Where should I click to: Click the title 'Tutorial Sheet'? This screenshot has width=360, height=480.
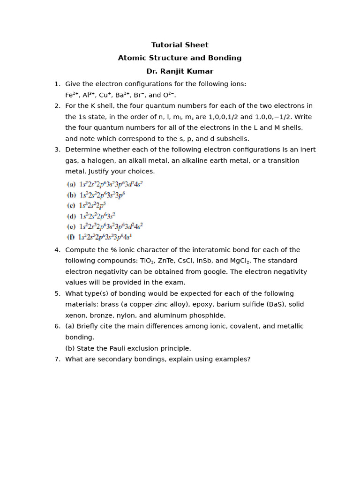point(180,45)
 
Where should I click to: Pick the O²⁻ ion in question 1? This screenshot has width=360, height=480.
point(169,95)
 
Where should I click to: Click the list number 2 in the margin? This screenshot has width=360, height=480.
point(57,106)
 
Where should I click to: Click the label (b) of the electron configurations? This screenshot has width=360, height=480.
point(71,195)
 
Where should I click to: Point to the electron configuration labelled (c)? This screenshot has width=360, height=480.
point(92,206)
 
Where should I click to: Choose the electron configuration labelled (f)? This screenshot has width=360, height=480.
point(105,237)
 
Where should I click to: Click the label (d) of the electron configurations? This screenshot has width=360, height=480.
point(71,217)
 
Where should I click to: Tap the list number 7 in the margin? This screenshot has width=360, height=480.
point(57,360)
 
